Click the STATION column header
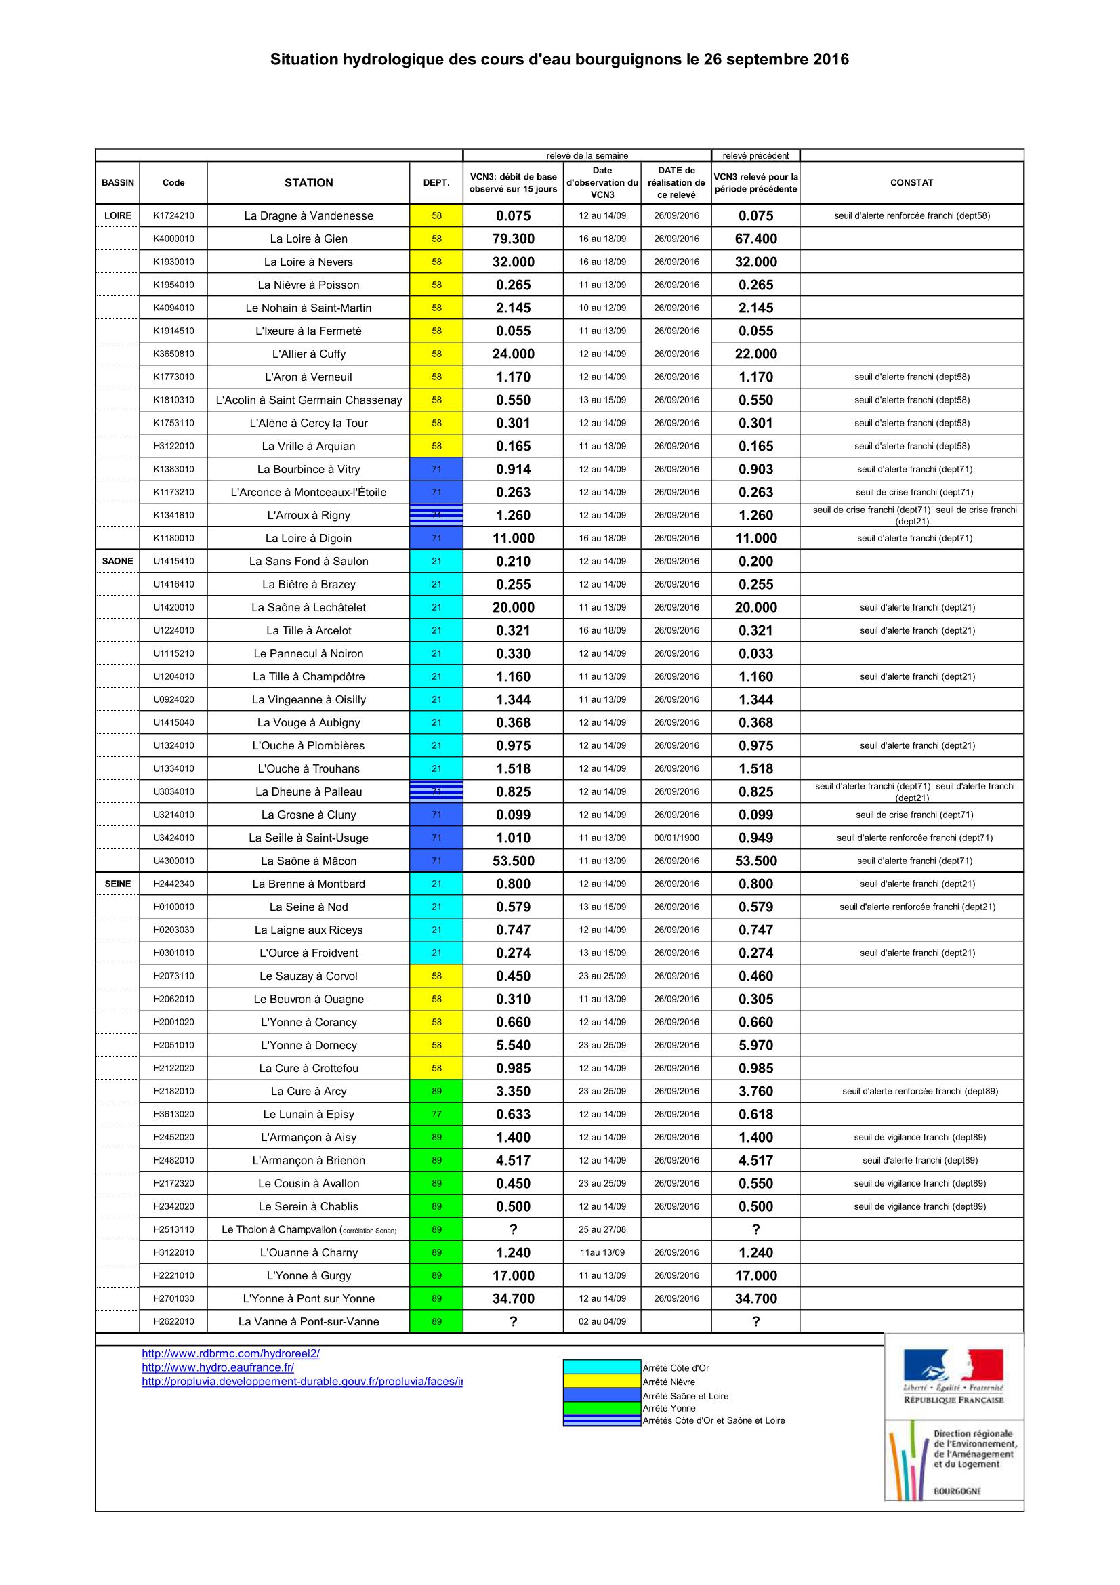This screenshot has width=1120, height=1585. (x=308, y=182)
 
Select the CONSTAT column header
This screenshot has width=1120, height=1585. (x=911, y=182)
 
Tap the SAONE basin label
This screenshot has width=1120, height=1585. (x=117, y=561)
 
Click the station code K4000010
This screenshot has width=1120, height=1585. (x=173, y=239)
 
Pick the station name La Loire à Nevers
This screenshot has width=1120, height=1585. (x=308, y=262)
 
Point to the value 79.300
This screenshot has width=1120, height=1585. (x=513, y=239)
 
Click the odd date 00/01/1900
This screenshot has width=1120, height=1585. (x=676, y=838)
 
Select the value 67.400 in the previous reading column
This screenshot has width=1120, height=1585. (x=755, y=239)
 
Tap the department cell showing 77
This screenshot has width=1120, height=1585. (x=436, y=1114)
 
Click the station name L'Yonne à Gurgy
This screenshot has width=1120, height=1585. (x=308, y=1276)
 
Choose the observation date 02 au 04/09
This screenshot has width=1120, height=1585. (x=602, y=1321)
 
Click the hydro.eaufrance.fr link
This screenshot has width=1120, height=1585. (x=218, y=1367)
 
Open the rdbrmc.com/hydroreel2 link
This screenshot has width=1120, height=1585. (x=230, y=1353)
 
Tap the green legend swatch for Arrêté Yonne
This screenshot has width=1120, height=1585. (x=602, y=1407)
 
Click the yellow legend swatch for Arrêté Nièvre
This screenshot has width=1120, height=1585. (x=602, y=1381)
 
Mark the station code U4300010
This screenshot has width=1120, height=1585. (x=173, y=861)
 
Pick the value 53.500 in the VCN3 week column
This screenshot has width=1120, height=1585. (x=513, y=861)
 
